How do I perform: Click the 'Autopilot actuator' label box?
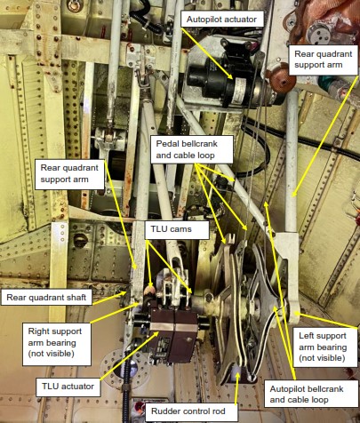click(x=222, y=20)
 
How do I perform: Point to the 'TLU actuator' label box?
click(x=68, y=387)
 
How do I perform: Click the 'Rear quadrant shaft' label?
click(x=46, y=297)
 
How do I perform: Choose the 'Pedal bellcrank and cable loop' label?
click(x=192, y=149)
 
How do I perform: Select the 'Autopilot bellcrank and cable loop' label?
click(x=311, y=394)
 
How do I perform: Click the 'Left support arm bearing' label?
click(x=325, y=347)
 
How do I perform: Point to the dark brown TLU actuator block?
click(x=173, y=335)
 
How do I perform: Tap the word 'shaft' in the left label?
click(x=76, y=297)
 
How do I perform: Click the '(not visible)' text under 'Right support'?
click(x=51, y=354)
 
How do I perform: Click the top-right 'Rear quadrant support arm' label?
click(x=324, y=60)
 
